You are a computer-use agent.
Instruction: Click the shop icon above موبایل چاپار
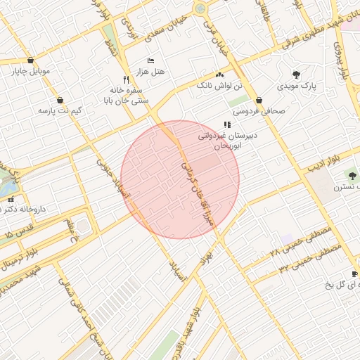click(30, 60)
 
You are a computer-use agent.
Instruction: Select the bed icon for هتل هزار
click(150, 60)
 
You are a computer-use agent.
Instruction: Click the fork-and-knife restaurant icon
click(126, 79)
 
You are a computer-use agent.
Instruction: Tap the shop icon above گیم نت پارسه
click(60, 100)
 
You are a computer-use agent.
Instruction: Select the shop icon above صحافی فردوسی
click(259, 100)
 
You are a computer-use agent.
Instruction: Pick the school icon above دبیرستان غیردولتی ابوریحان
click(226, 124)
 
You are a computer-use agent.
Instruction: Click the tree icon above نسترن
click(352, 175)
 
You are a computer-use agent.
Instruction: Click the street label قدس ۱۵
click(19, 232)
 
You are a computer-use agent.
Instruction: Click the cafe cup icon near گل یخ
click(355, 274)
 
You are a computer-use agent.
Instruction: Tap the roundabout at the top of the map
click(200, 8)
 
